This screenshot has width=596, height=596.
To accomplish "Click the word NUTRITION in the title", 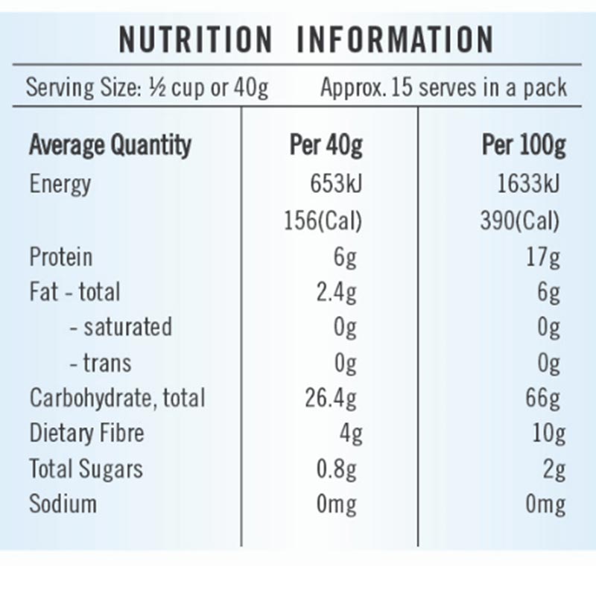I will [195, 39].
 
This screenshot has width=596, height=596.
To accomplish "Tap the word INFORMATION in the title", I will [395, 39].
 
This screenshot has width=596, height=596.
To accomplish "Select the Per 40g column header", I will [326, 145].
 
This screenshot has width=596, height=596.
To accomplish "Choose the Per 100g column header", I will [523, 145].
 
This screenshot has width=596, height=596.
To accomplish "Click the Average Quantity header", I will [110, 145].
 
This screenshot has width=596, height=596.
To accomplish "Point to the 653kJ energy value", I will [336, 184].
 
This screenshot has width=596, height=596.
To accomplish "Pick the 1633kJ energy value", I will [527, 184].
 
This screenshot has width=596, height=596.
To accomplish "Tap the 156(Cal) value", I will [323, 221].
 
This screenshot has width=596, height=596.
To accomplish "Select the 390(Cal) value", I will [519, 221].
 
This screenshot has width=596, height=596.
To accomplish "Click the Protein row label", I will [61, 257].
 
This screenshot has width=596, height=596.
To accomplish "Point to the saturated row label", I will [121, 327].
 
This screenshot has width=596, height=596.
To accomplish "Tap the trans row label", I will [100, 363].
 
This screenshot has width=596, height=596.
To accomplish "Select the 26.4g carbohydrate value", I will [331, 398].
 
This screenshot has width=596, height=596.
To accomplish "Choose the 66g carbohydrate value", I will [542, 398].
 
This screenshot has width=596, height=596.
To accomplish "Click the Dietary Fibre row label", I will [86, 433].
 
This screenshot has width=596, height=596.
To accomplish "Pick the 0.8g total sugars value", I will [336, 469].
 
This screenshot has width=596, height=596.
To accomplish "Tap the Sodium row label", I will [63, 504].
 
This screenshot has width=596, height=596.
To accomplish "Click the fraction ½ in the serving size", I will [156, 88].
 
